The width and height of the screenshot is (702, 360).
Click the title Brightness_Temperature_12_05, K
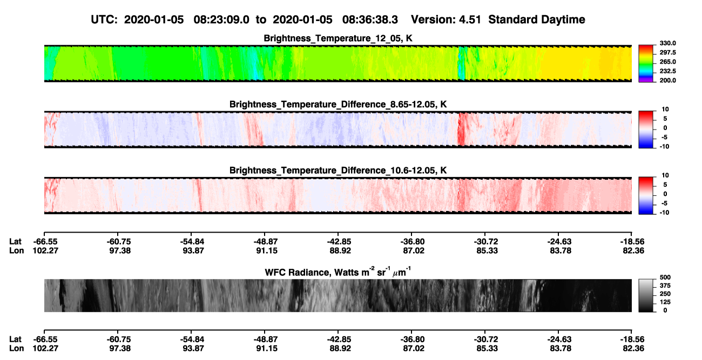(x=338, y=38)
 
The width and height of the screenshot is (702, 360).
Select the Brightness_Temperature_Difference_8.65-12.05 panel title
(x=338, y=104)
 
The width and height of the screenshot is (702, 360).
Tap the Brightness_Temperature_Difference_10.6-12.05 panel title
(x=338, y=171)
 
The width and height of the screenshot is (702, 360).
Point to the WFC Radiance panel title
(x=338, y=272)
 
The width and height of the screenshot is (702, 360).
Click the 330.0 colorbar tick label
(x=667, y=43)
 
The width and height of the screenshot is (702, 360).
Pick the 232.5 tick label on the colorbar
(x=667, y=71)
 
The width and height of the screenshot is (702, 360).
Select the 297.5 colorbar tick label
(x=667, y=52)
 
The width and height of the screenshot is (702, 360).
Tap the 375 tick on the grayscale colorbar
(x=665, y=286)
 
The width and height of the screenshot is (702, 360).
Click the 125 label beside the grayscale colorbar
(x=665, y=302)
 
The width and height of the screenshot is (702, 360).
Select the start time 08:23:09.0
(x=221, y=19)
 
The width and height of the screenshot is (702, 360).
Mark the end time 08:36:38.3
(x=370, y=19)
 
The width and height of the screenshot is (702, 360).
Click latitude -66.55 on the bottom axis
(x=45, y=339)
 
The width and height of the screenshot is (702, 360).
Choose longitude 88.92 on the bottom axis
(x=340, y=349)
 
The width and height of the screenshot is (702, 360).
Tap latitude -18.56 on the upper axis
(x=632, y=242)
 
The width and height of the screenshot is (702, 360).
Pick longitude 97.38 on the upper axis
(x=120, y=250)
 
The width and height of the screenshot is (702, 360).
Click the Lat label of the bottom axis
(x=15, y=339)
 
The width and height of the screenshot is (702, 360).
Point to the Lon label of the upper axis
(x=17, y=250)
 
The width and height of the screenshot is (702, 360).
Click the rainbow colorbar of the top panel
(x=646, y=64)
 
